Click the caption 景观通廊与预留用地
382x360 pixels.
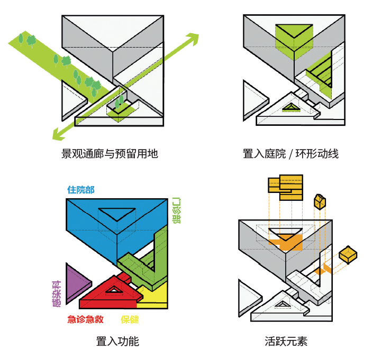point(110,154)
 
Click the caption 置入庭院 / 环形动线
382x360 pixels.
point(290,154)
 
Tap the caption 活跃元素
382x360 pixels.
point(286,341)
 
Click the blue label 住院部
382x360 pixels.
point(81,190)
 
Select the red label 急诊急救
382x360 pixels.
point(85,319)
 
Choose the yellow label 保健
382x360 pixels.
point(130,319)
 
